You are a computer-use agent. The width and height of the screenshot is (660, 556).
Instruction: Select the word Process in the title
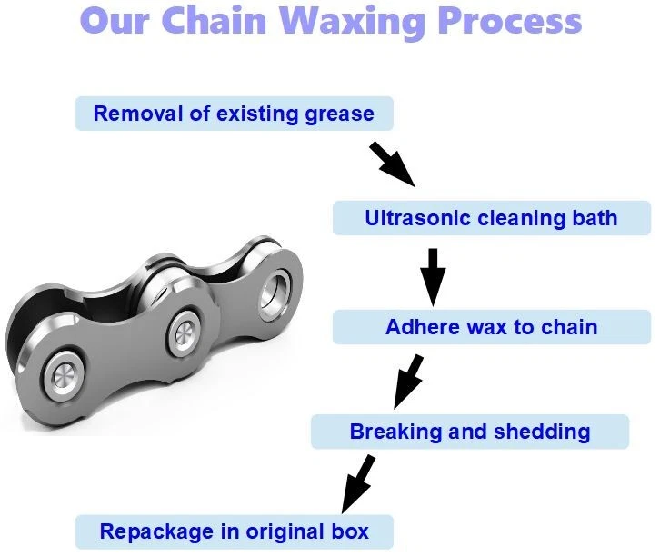coord(510,20)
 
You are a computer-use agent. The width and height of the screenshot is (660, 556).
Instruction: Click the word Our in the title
coord(115,20)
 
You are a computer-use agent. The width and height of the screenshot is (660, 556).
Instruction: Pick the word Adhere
coord(422,327)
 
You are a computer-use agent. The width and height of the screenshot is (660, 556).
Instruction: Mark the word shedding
coord(542,432)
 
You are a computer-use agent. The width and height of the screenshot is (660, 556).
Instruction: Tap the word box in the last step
coord(350,531)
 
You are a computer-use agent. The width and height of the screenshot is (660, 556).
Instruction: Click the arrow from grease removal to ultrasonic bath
coord(393,164)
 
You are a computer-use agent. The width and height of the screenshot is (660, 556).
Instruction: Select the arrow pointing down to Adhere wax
coord(433,277)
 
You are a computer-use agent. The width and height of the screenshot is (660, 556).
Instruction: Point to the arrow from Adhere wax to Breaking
coord(408,382)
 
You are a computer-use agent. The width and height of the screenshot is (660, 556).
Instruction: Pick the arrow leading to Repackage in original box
coord(358,483)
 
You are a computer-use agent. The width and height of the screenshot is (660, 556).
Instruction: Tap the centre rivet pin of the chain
coord(185,334)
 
